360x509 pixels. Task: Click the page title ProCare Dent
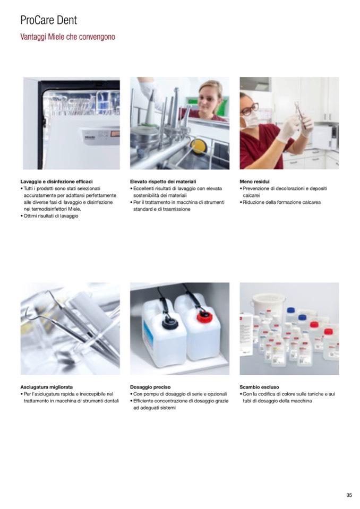[49, 20]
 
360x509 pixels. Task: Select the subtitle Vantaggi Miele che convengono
[67, 37]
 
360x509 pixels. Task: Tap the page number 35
[349, 495]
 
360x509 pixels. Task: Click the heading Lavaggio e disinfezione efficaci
[56, 182]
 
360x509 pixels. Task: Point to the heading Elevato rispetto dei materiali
[163, 182]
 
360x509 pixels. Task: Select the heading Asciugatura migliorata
[46, 387]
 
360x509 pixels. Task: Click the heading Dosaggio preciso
[150, 387]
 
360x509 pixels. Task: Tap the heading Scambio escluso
[259, 387]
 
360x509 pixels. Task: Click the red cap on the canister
[204, 316]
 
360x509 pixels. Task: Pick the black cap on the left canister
[170, 323]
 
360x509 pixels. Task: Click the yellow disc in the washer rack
[198, 146]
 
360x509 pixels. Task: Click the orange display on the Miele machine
[115, 133]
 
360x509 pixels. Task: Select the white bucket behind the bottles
[269, 306]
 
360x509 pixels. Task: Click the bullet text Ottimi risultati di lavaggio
[51, 216]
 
